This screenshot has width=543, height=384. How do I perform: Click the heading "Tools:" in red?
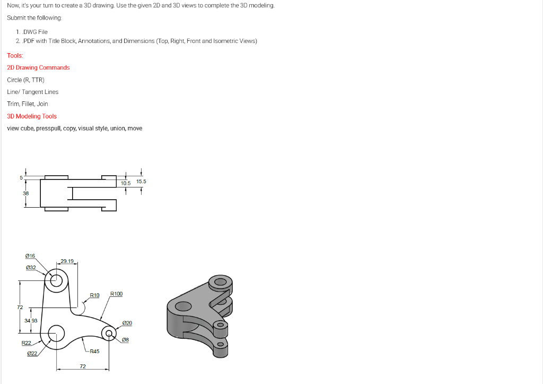coord(15,55)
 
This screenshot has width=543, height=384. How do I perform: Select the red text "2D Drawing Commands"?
coord(38,67)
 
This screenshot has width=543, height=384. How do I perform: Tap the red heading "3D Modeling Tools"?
coord(32,116)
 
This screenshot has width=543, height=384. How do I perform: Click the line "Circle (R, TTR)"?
coord(25,80)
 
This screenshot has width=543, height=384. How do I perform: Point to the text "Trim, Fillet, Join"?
coord(28,104)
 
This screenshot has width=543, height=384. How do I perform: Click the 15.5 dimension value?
coord(141,182)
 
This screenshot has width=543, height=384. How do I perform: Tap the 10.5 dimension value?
coord(126,183)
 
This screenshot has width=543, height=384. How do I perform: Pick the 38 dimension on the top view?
coord(25,193)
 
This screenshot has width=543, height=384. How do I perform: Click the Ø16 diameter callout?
coord(30,256)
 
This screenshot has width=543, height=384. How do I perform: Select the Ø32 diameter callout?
coord(30,267)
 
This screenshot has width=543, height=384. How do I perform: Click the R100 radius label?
coord(116,294)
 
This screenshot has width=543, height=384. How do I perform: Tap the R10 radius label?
coord(94,295)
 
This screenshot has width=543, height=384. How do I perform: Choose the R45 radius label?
coord(94,351)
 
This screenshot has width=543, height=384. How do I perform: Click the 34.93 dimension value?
coord(31,320)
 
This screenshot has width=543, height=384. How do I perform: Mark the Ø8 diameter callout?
coord(126,339)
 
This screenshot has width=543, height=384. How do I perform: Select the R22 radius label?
coord(26,343)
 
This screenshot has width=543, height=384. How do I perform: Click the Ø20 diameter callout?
coord(127,323)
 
